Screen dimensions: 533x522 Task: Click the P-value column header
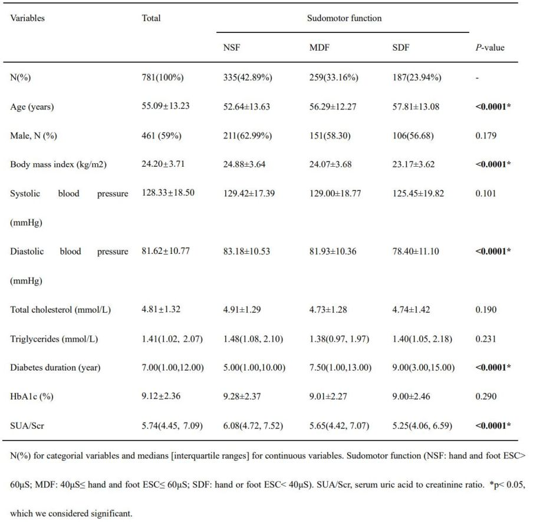490,48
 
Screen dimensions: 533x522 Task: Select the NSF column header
232,48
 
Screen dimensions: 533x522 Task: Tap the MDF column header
319,48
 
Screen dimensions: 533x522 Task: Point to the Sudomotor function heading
344,18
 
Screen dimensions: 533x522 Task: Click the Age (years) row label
32,107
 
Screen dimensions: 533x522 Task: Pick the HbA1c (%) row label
32,397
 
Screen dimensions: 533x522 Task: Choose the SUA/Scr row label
27,425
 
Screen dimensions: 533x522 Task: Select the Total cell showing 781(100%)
163,77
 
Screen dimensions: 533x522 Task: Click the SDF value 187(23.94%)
417,77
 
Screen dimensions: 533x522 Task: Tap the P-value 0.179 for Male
486,136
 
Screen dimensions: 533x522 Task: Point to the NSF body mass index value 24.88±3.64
244,164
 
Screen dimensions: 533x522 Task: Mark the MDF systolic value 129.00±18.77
335,194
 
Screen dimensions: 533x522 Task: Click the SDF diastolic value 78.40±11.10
416,252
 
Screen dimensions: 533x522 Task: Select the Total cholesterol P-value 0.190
486,310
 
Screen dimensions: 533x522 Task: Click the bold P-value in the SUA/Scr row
493,425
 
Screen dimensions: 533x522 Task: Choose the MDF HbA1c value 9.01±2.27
328,397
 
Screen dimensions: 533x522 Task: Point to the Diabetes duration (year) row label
55,368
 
